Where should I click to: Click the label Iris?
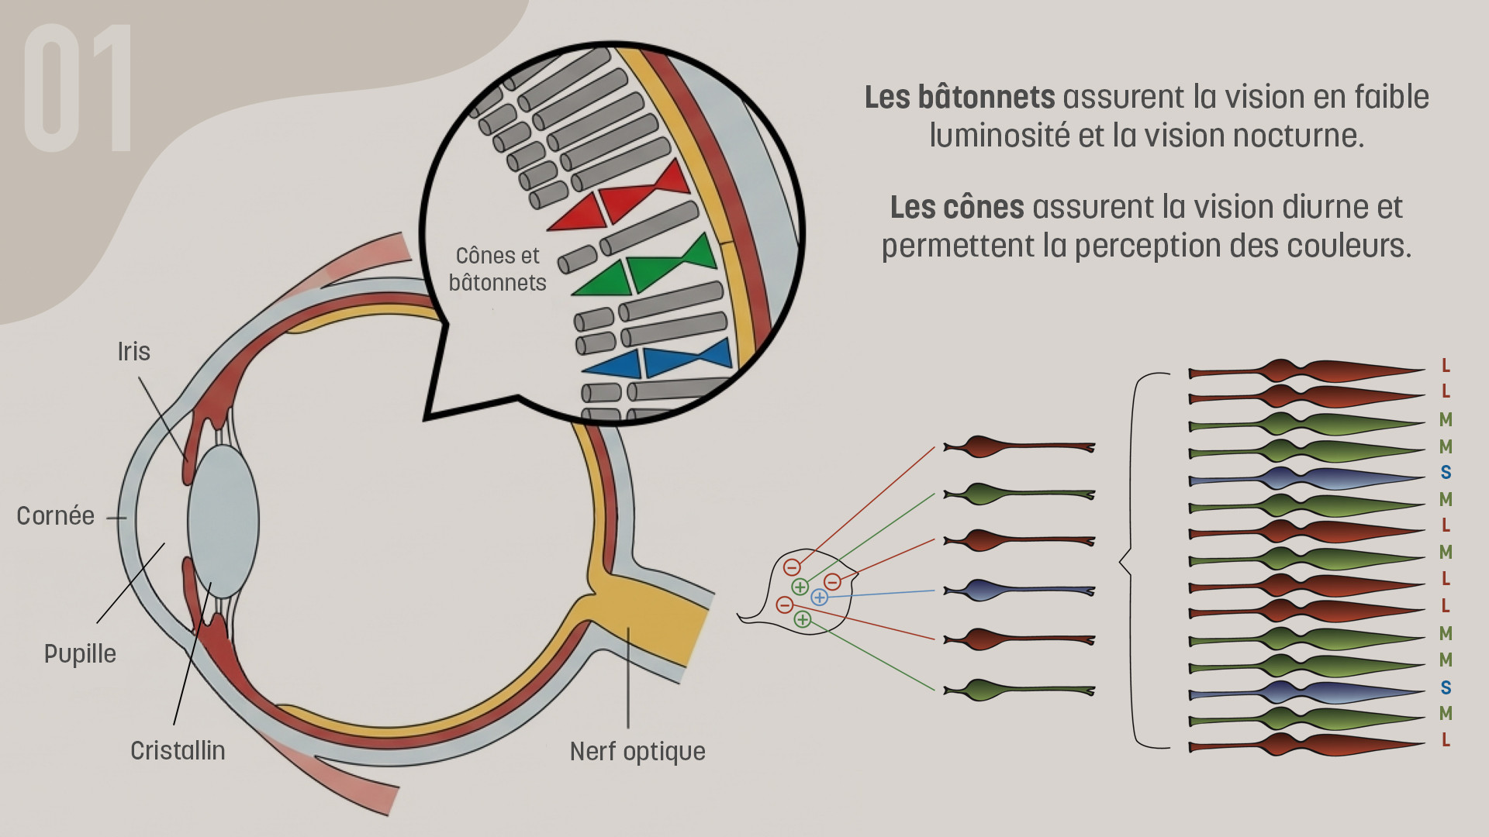coord(133,352)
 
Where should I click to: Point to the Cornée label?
coord(55,516)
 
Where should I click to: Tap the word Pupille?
coord(80,654)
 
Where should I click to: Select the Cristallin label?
coord(178,751)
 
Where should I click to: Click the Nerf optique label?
coord(637,752)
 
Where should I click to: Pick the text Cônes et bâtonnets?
coord(497,269)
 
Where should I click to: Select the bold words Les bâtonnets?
coord(959,98)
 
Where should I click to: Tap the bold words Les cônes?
coord(957,208)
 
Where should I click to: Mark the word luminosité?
coord(999,136)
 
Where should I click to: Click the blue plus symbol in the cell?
coord(819,598)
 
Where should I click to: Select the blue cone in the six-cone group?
coord(1017,591)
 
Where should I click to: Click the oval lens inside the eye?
coord(223,521)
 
